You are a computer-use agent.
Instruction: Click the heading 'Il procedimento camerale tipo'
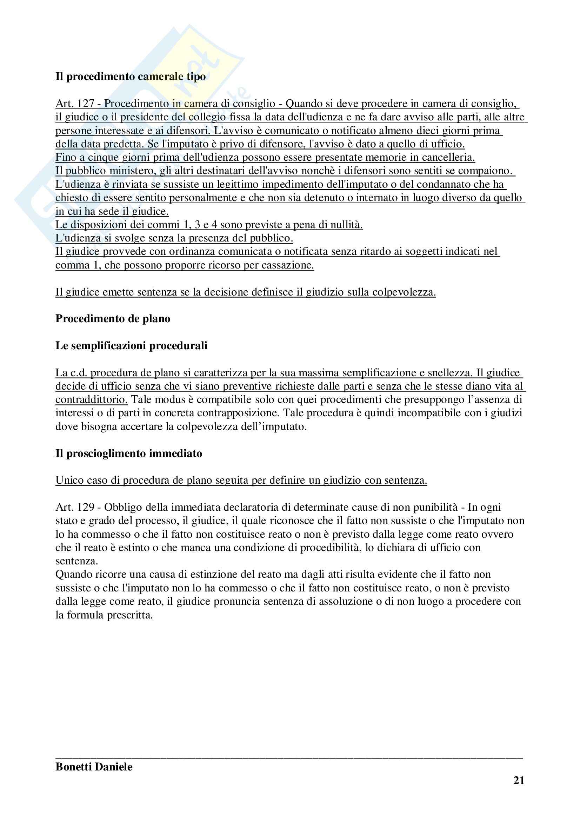click(131, 77)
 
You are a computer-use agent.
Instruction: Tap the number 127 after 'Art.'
click(85, 104)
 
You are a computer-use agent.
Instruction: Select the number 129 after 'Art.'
click(85, 508)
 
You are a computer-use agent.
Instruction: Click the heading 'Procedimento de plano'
click(113, 319)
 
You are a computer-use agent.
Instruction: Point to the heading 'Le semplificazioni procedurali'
click(131, 346)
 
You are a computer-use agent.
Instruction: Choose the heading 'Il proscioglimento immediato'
click(129, 453)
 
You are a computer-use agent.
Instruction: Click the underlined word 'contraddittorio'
click(91, 400)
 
